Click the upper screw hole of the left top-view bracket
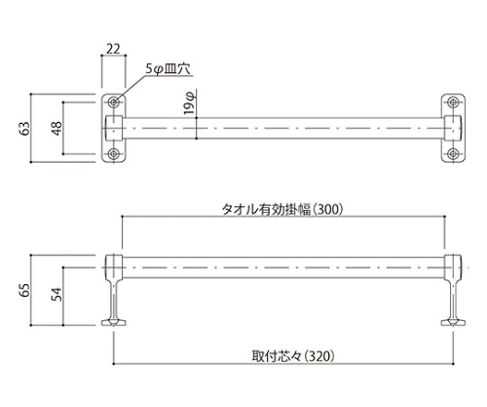115,102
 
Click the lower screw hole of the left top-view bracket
115,154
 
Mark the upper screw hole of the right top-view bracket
453,102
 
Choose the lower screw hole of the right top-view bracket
453,154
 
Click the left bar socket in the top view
114,128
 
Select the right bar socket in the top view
453,128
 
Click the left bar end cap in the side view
113,265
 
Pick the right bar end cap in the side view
453,265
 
